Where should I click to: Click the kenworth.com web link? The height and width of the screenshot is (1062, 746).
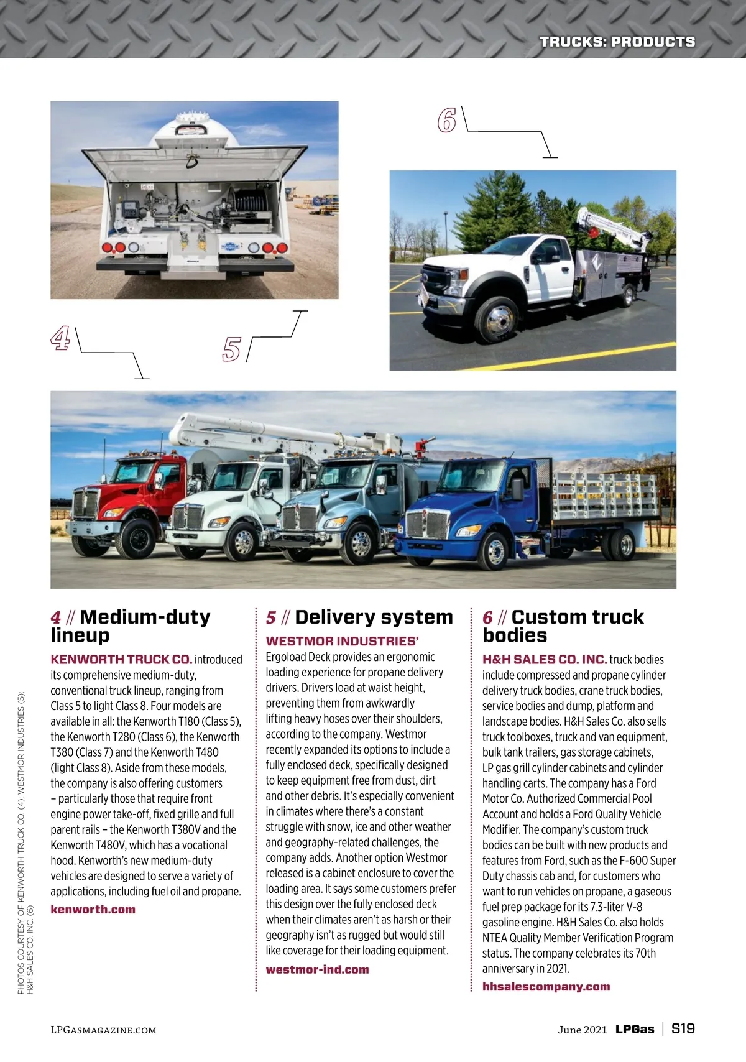(x=93, y=909)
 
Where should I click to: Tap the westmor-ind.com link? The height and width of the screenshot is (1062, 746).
(x=317, y=969)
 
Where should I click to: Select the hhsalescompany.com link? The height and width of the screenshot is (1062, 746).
(x=546, y=986)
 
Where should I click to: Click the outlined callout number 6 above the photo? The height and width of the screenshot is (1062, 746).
(x=446, y=120)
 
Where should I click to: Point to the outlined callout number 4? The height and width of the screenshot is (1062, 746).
(x=60, y=339)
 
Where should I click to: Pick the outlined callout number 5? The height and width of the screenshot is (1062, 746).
(x=231, y=349)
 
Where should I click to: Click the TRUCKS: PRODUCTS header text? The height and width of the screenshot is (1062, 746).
(x=617, y=42)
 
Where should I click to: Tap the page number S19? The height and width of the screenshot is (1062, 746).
(x=683, y=1029)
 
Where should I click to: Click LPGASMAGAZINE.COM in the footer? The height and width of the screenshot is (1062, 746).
(x=103, y=1030)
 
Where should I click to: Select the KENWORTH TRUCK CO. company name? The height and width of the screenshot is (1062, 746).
(x=121, y=659)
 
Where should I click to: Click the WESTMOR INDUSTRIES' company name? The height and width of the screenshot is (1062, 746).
(x=343, y=641)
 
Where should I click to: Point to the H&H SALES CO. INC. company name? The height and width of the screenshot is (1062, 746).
(x=545, y=659)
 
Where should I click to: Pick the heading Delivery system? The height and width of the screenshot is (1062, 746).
(x=374, y=617)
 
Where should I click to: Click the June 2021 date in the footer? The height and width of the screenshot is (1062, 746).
(x=582, y=1030)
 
